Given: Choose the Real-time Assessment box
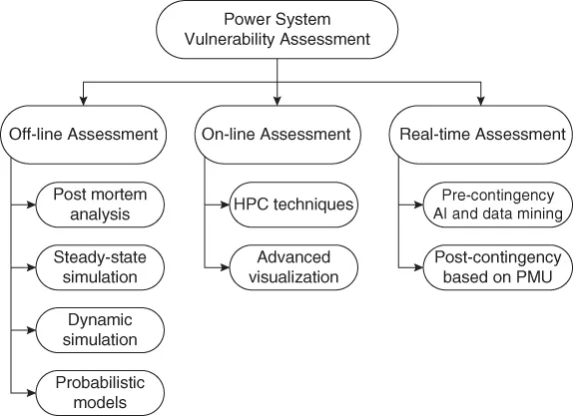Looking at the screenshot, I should [482, 133].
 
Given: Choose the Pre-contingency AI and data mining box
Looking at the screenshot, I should [494, 204].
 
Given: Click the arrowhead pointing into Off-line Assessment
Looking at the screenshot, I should [83, 102].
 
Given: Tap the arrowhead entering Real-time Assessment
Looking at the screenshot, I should [482, 102].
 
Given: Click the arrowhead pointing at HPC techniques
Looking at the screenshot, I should [224, 204].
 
